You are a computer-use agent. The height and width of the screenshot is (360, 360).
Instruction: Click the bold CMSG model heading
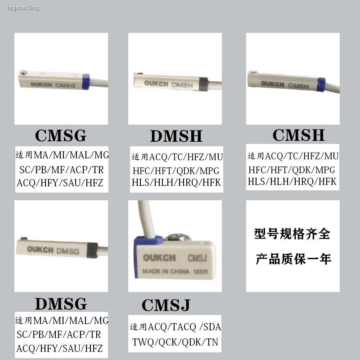(x=60, y=135)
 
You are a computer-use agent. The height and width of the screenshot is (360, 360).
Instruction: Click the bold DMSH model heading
(x=176, y=136)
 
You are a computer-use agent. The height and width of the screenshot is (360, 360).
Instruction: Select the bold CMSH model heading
(x=298, y=135)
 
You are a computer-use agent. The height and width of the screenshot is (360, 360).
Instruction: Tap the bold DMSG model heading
(x=61, y=304)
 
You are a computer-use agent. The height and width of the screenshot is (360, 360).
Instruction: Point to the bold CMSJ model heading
(x=166, y=305)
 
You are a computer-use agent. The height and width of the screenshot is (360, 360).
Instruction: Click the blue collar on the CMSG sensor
(x=86, y=82)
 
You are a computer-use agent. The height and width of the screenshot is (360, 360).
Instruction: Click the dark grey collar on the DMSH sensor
(x=203, y=85)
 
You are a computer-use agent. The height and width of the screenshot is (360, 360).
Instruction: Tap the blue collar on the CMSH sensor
(x=321, y=85)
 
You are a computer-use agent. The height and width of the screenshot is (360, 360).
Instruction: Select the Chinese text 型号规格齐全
(x=292, y=234)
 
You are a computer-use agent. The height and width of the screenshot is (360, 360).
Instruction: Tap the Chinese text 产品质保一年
(x=293, y=259)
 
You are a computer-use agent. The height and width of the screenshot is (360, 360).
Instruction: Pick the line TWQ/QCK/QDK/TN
(x=175, y=342)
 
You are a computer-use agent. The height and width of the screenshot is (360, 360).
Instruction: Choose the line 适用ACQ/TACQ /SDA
(x=175, y=327)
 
